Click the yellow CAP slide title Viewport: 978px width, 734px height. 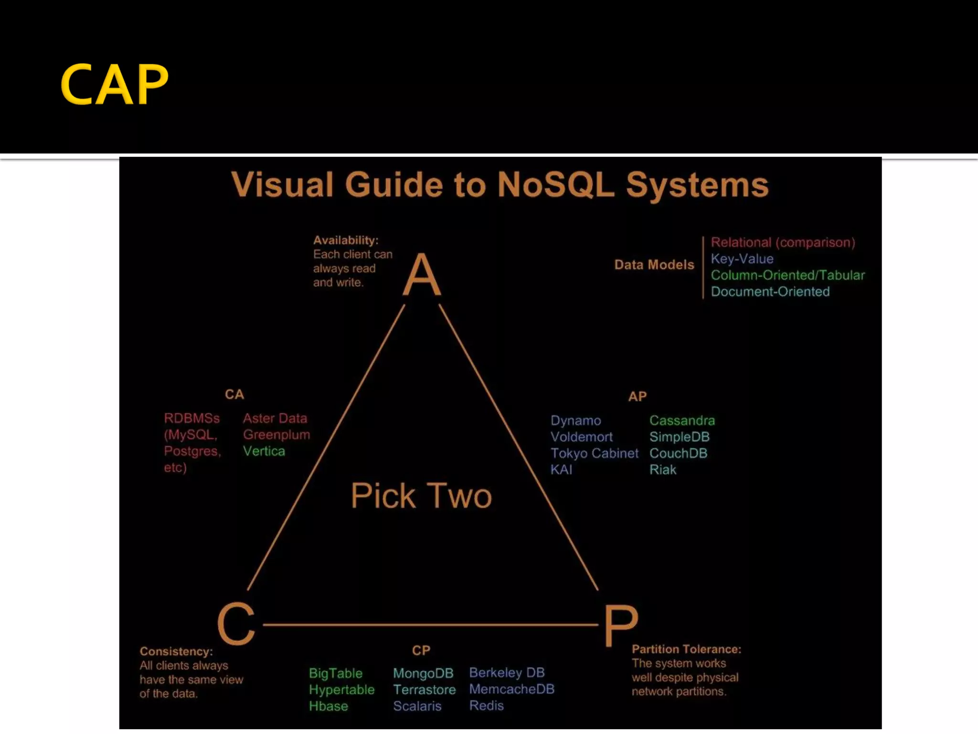pos(115,85)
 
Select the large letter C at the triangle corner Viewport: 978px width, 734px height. pos(236,623)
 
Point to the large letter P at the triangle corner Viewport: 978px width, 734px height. pos(620,625)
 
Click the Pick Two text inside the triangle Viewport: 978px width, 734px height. pos(421,496)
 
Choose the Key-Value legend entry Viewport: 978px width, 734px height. pos(742,259)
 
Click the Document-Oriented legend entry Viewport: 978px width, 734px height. pos(770,291)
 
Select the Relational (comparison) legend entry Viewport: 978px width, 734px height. pos(783,242)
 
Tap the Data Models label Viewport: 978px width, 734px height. pos(654,265)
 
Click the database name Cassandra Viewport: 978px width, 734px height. pos(682,421)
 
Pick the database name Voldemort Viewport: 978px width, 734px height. pos(581,437)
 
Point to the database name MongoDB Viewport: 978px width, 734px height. pos(423,673)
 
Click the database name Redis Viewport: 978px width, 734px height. pos(486,706)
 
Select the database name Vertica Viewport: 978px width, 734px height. pos(264,451)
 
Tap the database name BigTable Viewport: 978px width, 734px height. pos(335,673)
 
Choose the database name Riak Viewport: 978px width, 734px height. pos(662,470)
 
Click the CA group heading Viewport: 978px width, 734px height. pos(234,395)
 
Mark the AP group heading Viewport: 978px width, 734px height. pos(637,397)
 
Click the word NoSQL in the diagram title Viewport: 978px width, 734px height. pos(555,185)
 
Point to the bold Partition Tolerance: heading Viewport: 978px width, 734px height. pos(686,649)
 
